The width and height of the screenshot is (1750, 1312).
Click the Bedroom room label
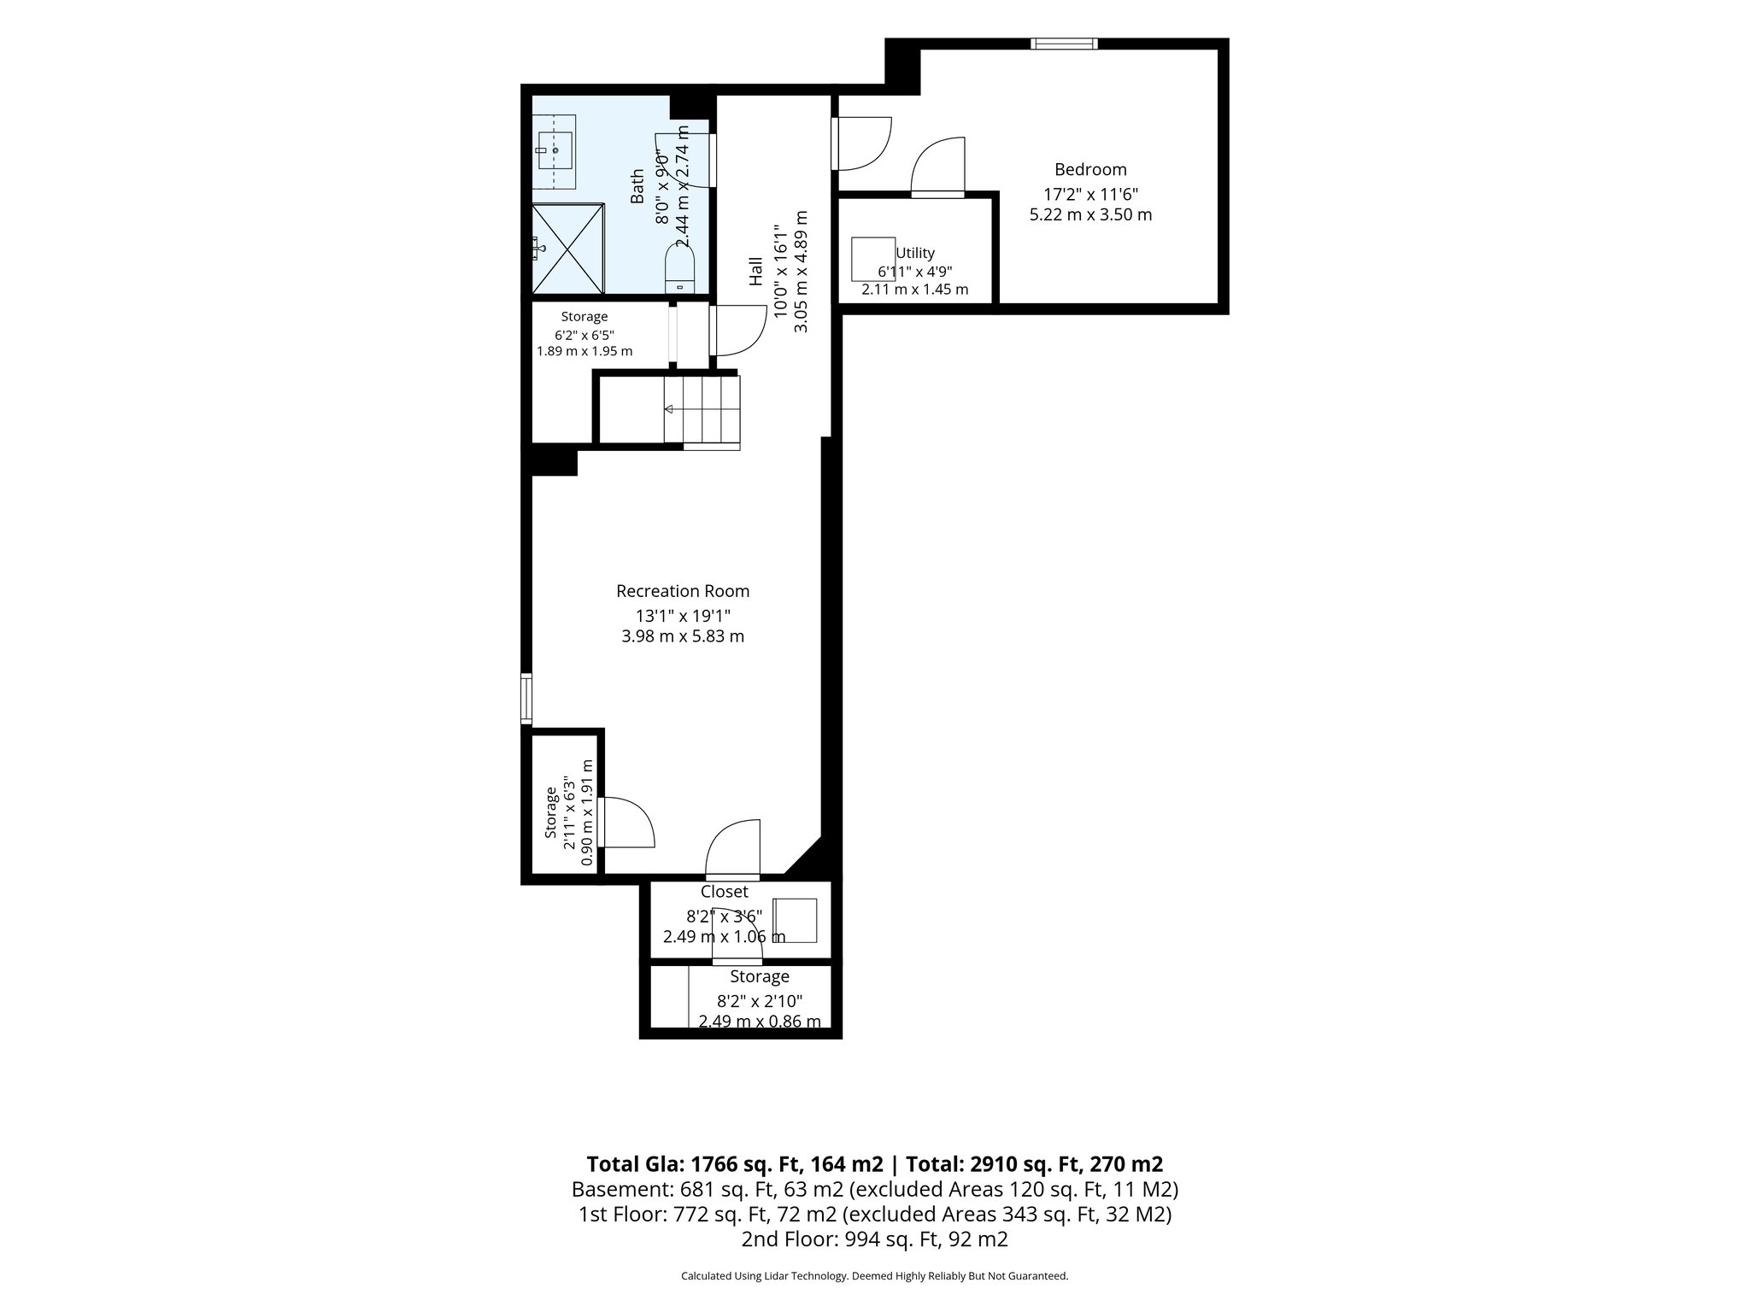coord(1090,169)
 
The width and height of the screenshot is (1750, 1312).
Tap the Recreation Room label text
coord(683,591)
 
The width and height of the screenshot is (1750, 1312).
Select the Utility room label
coord(915,253)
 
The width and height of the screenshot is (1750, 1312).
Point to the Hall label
coord(755,271)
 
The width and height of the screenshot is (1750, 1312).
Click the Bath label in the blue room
coord(637,186)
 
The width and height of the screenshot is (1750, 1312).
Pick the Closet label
coord(725,892)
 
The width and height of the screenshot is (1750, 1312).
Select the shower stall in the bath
coord(568,249)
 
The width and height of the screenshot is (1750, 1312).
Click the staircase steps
coord(702,410)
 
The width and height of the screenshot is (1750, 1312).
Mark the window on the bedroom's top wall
coord(1064,44)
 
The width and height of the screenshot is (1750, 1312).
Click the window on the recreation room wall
coord(526,699)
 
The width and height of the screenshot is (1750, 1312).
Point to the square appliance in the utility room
coord(873,259)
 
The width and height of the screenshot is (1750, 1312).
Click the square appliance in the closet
coord(795,920)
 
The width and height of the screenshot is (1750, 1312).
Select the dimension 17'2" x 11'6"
coord(1090,194)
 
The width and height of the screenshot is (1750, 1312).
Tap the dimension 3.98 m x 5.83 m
coord(683,636)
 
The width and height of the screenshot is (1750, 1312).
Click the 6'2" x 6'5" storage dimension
coord(584,335)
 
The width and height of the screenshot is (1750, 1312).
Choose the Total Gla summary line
coord(875,1163)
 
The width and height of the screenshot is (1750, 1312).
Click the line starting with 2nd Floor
coord(875,1239)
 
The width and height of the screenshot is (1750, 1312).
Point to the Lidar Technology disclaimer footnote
coord(875,1276)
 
